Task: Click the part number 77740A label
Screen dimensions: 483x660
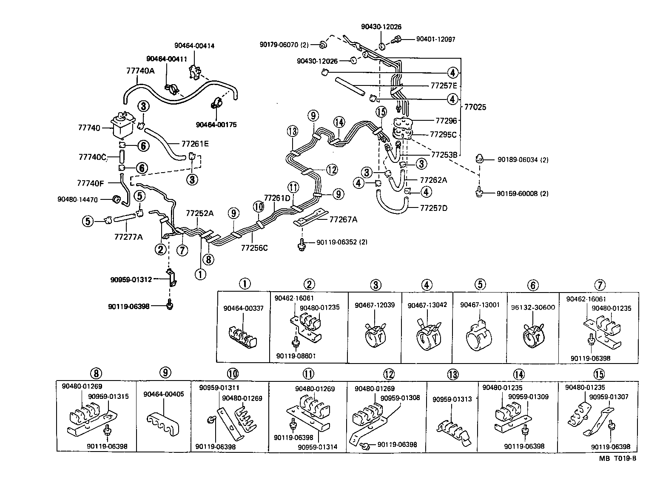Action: [x=140, y=71]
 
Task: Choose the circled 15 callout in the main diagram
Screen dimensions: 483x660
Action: [x=381, y=112]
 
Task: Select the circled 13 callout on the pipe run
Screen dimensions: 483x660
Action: [x=293, y=131]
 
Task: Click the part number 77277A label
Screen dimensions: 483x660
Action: [x=128, y=236]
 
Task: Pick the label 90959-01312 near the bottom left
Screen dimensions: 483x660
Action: [x=131, y=279]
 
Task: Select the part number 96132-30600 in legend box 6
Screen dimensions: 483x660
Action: [x=533, y=307]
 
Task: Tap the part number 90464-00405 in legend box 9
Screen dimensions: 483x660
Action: [x=164, y=394]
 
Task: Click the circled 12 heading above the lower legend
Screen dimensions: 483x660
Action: [x=389, y=375]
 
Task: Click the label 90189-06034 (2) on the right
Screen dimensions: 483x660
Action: [x=523, y=160]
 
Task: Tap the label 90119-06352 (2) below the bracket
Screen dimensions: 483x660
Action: [x=342, y=242]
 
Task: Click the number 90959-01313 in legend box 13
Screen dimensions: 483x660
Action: [x=452, y=399]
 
